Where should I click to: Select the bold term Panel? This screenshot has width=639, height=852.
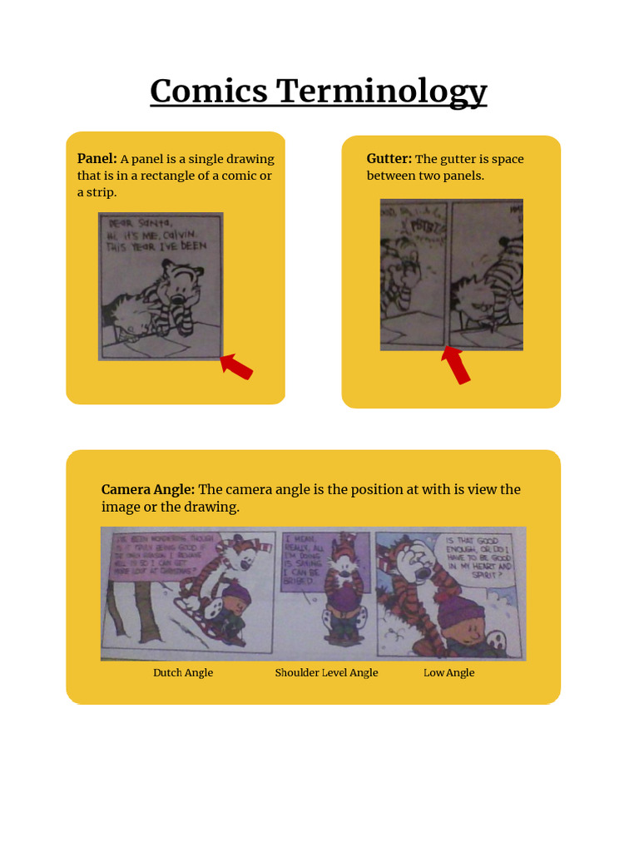click(97, 159)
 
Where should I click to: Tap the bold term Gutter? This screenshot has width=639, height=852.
click(389, 159)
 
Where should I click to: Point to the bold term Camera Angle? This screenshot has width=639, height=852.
click(148, 489)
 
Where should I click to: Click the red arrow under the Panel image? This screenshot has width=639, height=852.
click(236, 366)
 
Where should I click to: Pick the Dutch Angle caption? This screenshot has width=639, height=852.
click(183, 672)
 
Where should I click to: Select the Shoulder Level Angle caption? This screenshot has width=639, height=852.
click(326, 672)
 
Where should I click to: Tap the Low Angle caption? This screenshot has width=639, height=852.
click(448, 672)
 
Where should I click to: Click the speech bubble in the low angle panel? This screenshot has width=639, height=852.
click(481, 557)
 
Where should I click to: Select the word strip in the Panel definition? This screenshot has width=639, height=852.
click(100, 192)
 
